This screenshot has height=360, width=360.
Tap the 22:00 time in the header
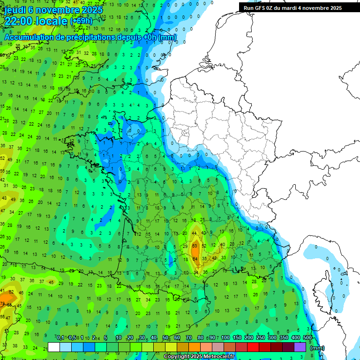click(22, 21)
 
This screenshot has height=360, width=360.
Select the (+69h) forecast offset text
click(81, 21)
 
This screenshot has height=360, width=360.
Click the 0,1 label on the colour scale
click(60, 338)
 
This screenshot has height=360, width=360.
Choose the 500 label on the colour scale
click(307, 338)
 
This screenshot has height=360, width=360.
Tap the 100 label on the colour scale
click(225, 338)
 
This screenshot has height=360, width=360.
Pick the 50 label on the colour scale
click(165, 338)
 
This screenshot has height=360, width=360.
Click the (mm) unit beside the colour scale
click(317, 348)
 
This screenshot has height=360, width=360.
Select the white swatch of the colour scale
click(54, 347)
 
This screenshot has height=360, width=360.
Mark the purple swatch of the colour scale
click(300, 347)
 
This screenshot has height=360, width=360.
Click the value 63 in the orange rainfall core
click(195, 246)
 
